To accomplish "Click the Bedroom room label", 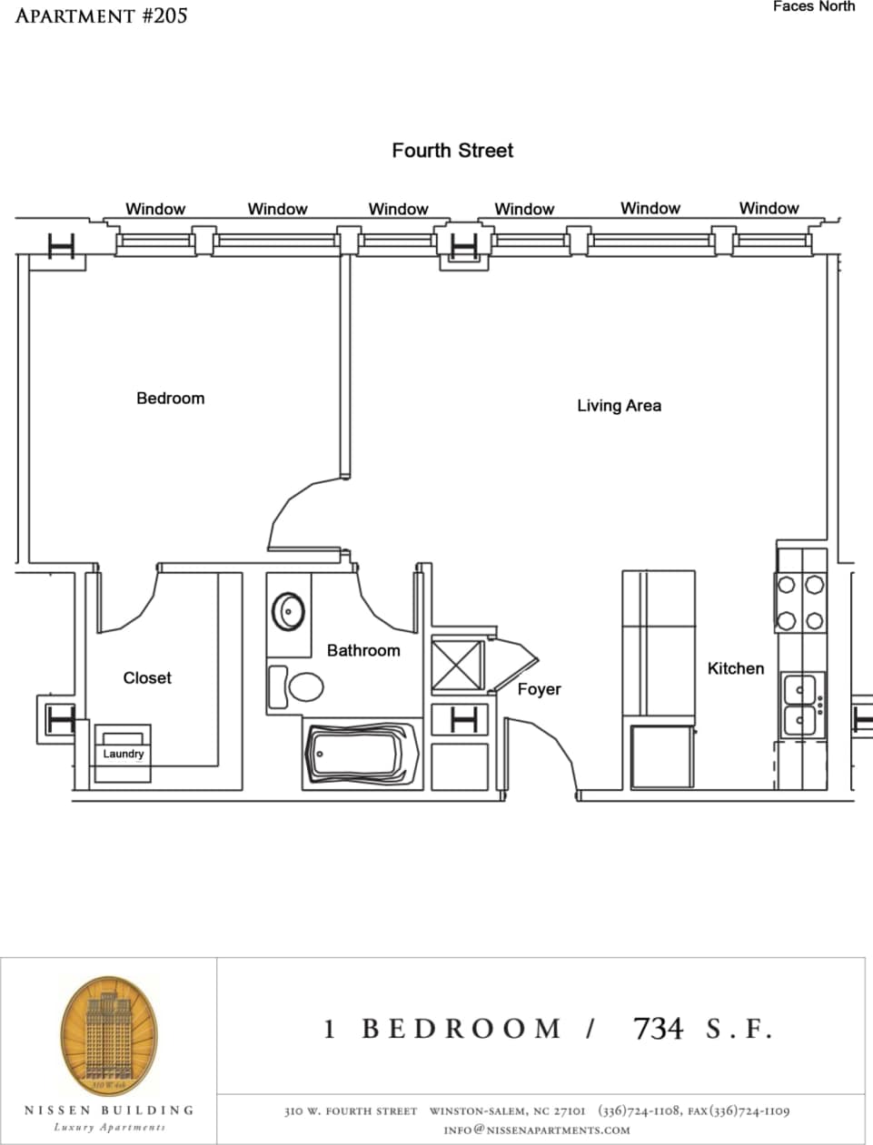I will (x=170, y=399).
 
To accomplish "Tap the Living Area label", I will (x=619, y=406).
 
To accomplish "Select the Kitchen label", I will (x=735, y=668).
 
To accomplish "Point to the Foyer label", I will (x=539, y=689).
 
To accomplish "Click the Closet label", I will (x=147, y=678).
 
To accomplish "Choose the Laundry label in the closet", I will (x=123, y=754).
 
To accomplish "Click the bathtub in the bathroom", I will (x=362, y=755).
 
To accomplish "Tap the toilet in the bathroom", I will (x=297, y=687).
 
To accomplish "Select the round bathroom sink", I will (x=289, y=611).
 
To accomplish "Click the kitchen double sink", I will (x=800, y=706).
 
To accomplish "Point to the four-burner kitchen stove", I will (x=800, y=603).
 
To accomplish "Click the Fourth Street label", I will (x=452, y=151).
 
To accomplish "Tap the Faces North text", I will (x=813, y=7).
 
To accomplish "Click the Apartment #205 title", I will (x=101, y=15).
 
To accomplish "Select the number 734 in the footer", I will (x=658, y=1029).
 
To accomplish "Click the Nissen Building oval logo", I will (x=110, y=1036).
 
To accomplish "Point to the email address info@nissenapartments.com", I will (x=536, y=1130).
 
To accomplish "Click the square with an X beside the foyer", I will (x=458, y=666).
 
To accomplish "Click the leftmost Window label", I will (x=155, y=209).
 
